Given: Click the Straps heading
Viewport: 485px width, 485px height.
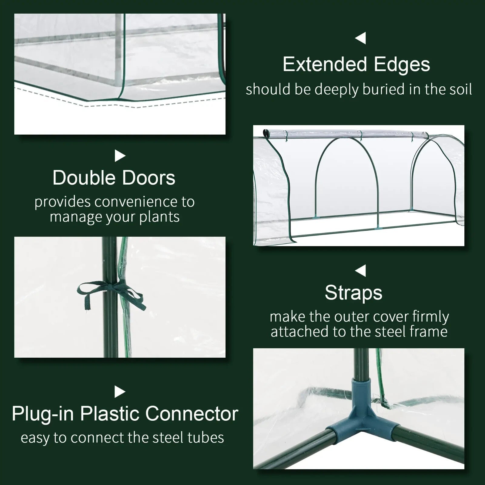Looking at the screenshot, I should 353,293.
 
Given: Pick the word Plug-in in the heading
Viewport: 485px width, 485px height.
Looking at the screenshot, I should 42,414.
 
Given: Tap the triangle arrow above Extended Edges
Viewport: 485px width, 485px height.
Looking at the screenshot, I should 360,38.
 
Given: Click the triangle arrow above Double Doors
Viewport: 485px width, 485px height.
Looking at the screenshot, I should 120,156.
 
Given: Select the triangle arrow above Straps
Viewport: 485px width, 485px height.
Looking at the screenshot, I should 360,271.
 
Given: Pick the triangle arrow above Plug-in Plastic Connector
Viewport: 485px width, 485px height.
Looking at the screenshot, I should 120,392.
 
